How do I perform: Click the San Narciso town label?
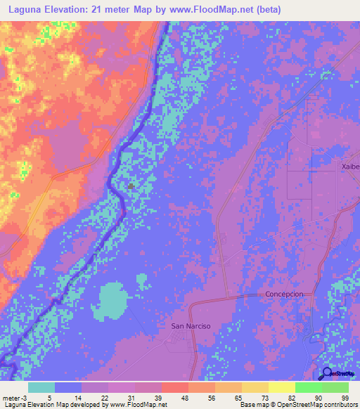point(191,326)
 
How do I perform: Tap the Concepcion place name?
point(285,294)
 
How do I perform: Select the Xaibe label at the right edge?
point(349,167)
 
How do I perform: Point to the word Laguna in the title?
point(28,9)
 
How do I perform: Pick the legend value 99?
point(344,397)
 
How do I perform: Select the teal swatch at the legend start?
point(41,387)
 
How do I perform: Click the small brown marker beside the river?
point(131,187)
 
